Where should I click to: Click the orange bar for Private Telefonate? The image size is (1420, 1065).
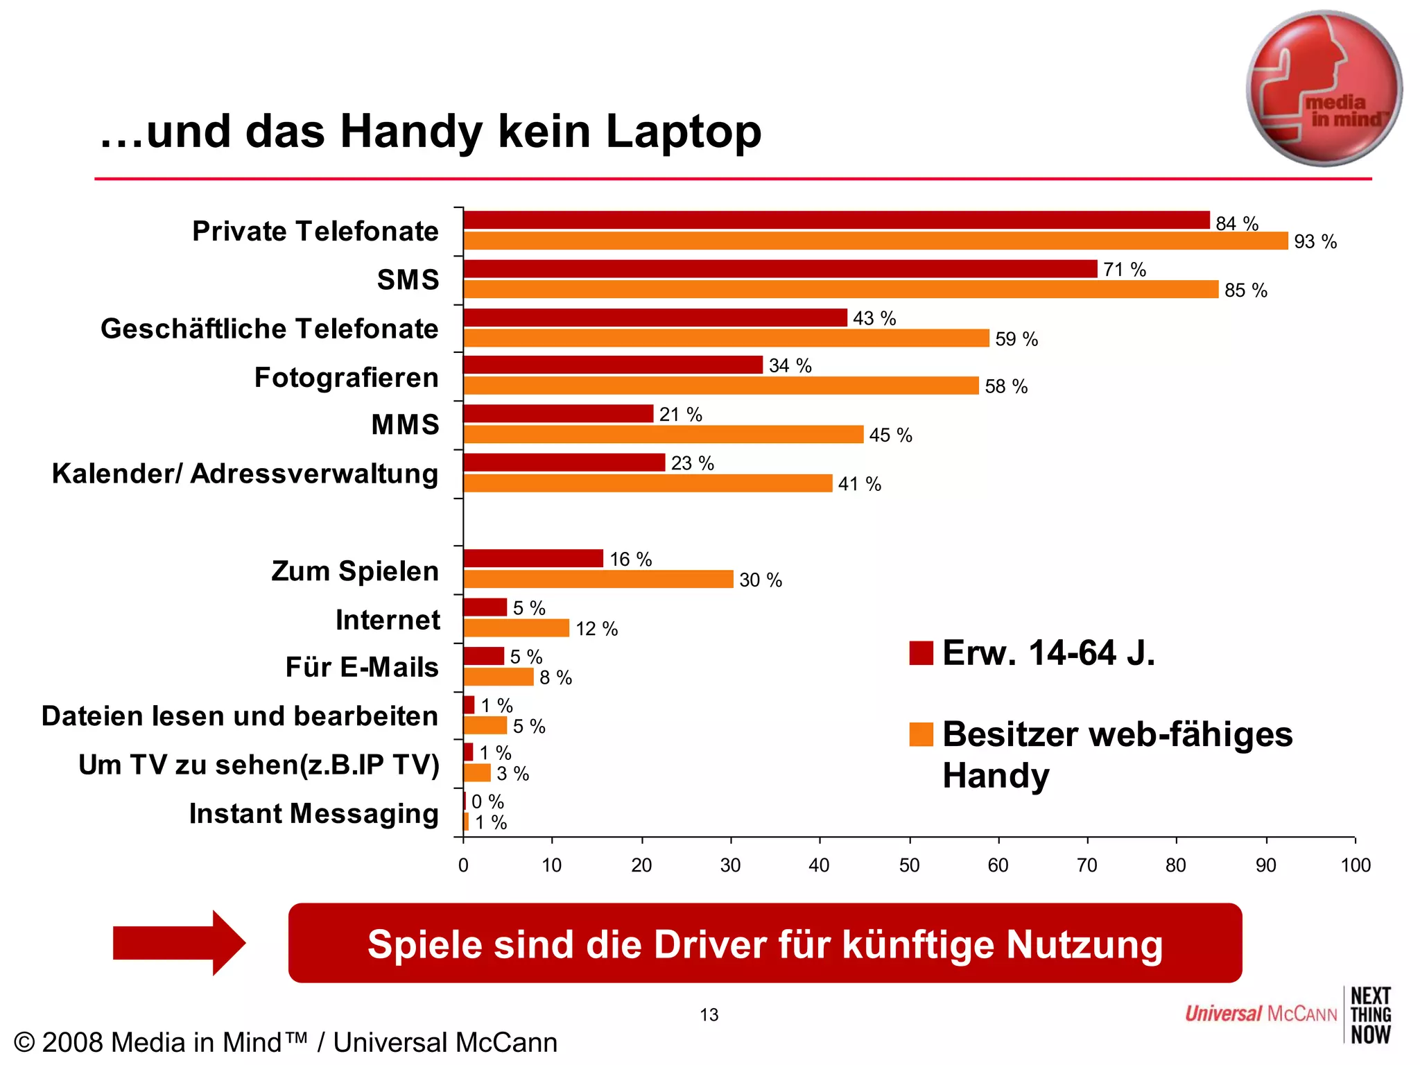(x=875, y=241)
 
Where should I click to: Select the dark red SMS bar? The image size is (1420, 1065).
(x=780, y=269)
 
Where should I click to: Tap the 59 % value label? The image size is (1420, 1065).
(x=1016, y=339)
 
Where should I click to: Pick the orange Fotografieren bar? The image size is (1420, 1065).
(x=721, y=386)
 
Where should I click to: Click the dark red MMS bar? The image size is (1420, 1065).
(x=558, y=414)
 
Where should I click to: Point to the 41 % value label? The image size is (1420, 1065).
(x=859, y=484)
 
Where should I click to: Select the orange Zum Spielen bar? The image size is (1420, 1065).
(x=598, y=580)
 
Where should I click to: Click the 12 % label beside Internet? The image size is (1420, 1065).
(x=596, y=629)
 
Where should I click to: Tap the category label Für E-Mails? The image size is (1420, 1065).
(x=362, y=667)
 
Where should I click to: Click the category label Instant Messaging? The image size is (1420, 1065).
(x=313, y=813)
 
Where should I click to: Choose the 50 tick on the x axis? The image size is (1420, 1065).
(x=909, y=865)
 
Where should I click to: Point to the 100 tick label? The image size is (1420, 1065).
(x=1355, y=865)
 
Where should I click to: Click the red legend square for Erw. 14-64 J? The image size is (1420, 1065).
(x=921, y=653)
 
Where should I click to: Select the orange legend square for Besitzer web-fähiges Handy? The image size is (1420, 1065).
(x=921, y=734)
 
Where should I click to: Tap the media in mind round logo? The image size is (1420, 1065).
(x=1324, y=89)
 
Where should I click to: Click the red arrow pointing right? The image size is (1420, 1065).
(x=179, y=943)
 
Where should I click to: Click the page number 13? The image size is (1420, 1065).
(x=709, y=1015)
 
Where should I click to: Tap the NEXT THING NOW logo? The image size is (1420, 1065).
(x=1370, y=1015)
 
